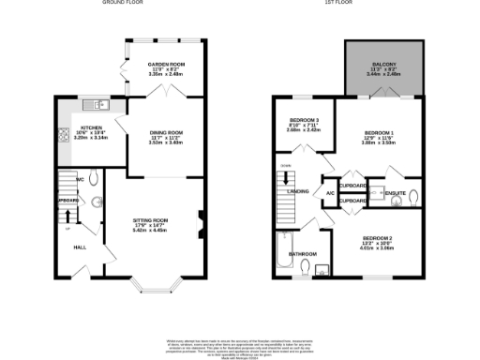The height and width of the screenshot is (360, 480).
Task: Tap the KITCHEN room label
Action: [91, 127]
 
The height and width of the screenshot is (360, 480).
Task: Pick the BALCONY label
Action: [385, 65]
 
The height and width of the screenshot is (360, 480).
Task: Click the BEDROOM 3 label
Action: [304, 121]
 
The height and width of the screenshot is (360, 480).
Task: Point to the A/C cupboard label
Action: [330, 194]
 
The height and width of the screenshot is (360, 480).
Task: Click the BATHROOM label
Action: [302, 254]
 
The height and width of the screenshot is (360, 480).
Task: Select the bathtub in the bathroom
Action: [282, 254]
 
